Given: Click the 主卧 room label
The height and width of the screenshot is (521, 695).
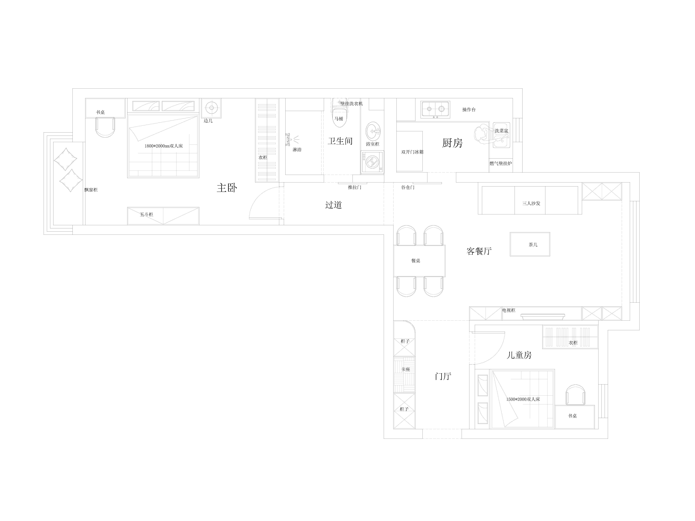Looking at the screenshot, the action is point(227,188).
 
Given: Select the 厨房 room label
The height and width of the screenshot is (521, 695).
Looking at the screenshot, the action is point(452,143).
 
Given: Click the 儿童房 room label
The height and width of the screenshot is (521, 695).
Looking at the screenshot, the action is point(519,355).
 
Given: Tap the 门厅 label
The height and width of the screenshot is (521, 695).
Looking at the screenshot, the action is point(443,376).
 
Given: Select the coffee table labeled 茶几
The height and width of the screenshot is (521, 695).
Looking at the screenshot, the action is point(530,244).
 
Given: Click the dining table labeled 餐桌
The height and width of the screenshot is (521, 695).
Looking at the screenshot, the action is point(419,261).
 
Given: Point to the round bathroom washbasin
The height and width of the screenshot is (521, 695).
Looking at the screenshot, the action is point(373,131).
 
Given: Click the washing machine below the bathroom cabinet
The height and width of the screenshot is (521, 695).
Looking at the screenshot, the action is point(372,162).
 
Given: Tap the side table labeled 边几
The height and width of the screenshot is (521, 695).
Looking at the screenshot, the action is point(211,108).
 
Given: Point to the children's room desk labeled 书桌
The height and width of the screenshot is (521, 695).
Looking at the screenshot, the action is point(575,417).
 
